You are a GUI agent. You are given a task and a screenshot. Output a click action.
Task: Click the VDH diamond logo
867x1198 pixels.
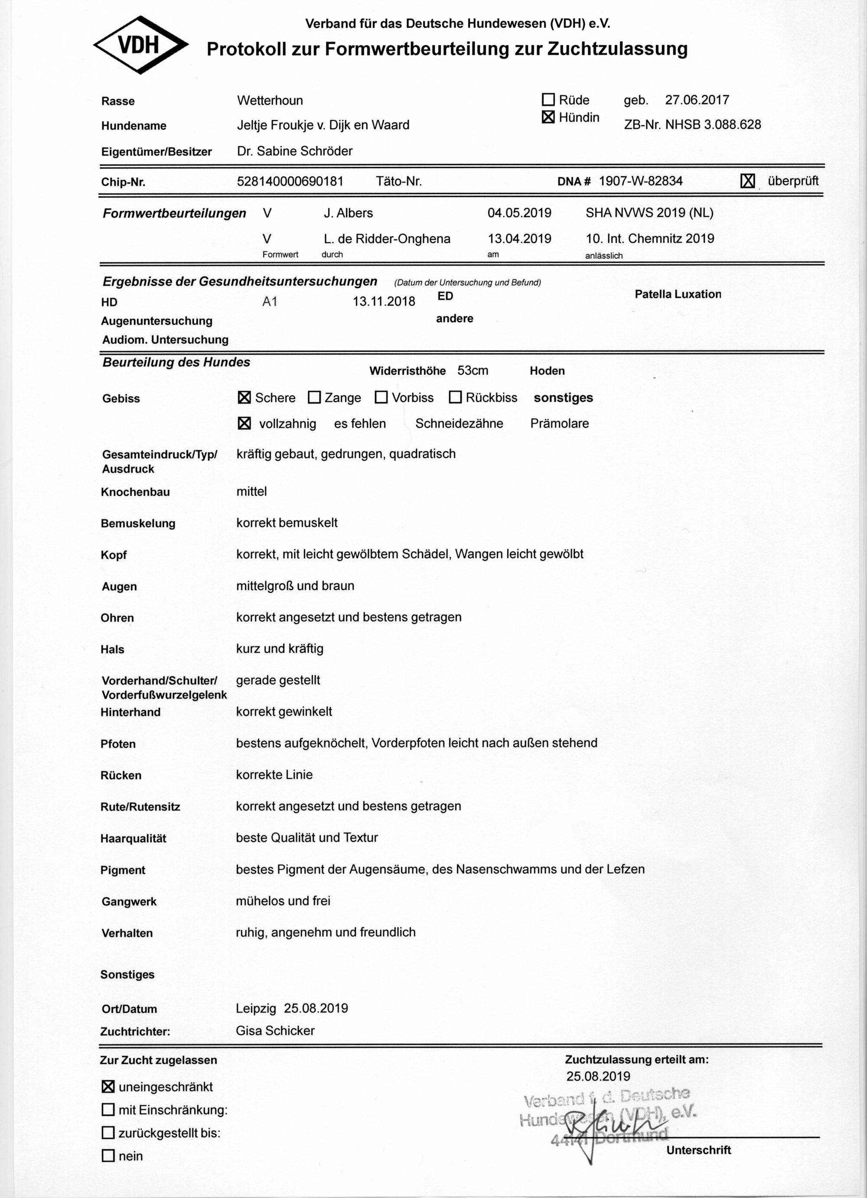(140, 45)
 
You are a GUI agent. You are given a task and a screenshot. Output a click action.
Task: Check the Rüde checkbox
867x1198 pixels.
(548, 99)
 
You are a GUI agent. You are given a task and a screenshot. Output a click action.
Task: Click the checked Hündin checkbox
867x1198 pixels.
(548, 117)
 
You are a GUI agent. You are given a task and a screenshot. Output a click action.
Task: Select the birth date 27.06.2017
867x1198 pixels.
(697, 100)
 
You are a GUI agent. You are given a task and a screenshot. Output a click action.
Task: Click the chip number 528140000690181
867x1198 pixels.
(290, 181)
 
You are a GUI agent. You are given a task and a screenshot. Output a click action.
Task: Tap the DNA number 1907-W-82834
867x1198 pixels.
(640, 181)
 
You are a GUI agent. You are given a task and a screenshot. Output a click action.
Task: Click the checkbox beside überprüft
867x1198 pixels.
(747, 181)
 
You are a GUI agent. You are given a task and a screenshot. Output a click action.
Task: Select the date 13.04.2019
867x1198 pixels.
(519, 238)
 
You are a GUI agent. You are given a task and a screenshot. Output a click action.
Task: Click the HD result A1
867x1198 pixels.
(270, 302)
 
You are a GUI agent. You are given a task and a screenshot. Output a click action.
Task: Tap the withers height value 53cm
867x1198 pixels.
(473, 370)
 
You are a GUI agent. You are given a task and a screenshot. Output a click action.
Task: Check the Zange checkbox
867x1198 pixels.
(314, 397)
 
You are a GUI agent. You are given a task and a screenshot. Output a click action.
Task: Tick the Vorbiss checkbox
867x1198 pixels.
(381, 397)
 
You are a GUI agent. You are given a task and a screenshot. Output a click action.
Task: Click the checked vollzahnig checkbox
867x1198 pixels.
(244, 423)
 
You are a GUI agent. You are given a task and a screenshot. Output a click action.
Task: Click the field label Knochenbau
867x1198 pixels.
(135, 492)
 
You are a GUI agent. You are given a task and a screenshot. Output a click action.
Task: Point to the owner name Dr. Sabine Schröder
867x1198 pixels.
(295, 151)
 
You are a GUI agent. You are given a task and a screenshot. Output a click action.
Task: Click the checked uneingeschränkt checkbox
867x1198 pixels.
(108, 1087)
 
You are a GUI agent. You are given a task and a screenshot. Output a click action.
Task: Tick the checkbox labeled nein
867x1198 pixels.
(108, 1156)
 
